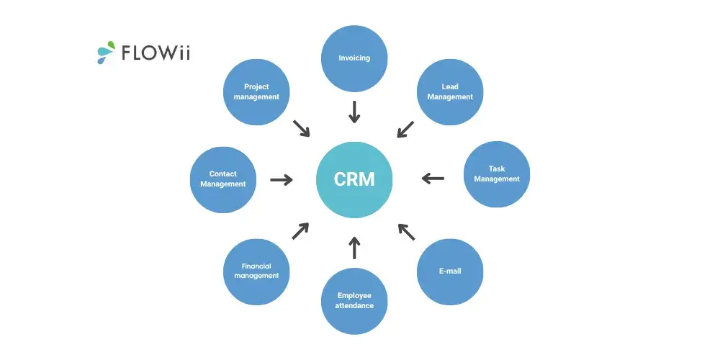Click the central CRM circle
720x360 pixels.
(354, 179)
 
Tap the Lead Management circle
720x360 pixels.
(450, 91)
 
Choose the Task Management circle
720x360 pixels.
(497, 174)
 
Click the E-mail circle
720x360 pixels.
(450, 271)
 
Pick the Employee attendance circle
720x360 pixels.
(354, 301)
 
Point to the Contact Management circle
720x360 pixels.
(222, 179)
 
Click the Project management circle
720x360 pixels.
(256, 91)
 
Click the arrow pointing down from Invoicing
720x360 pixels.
(354, 112)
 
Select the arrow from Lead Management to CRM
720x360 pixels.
(405, 129)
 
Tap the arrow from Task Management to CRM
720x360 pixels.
(433, 178)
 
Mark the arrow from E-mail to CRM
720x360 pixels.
(406, 232)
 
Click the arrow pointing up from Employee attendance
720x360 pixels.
(354, 247)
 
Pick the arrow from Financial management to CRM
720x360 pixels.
(300, 230)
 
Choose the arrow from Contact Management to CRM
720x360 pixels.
(282, 179)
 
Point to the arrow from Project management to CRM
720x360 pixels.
(301, 128)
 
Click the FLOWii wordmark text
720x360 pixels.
(156, 53)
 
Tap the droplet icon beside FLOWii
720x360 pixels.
(106, 51)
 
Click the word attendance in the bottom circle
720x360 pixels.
(354, 306)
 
